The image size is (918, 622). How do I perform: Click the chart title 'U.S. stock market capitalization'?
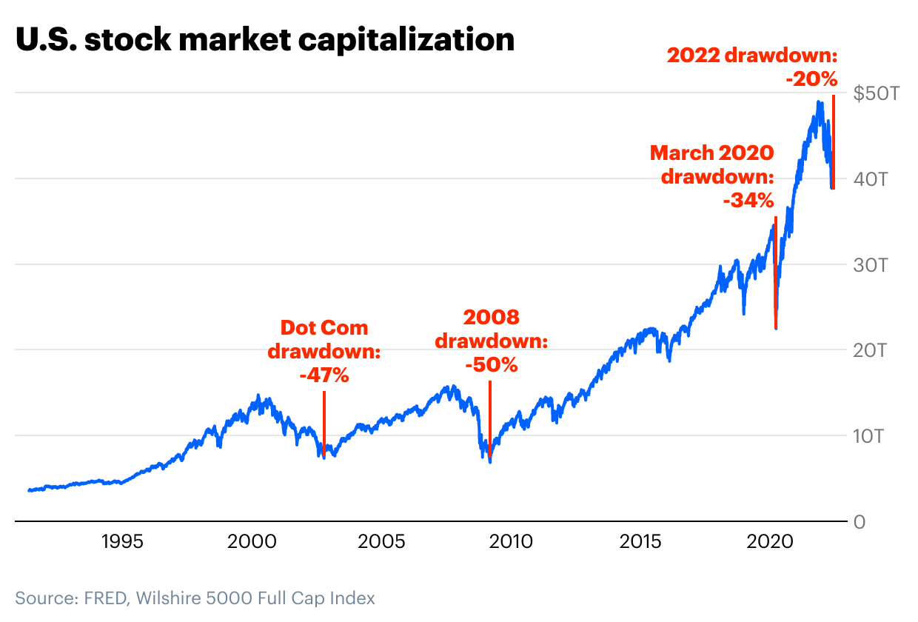(x=265, y=40)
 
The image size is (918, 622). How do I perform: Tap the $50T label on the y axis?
(x=877, y=94)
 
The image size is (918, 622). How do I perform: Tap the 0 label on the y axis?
(x=859, y=521)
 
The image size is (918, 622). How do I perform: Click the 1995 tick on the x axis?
(x=121, y=542)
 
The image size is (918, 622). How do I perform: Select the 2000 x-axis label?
(x=252, y=542)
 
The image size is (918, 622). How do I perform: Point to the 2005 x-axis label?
(x=381, y=542)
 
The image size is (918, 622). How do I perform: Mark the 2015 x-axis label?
(x=641, y=542)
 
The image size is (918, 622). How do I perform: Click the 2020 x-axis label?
(x=771, y=542)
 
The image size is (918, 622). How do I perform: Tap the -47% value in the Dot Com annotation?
(x=324, y=375)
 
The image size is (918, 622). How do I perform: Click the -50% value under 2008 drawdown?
(x=491, y=365)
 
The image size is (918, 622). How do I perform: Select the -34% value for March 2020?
(x=748, y=200)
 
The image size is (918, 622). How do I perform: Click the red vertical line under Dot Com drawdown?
(x=324, y=422)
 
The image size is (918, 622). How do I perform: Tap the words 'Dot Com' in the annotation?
(x=324, y=328)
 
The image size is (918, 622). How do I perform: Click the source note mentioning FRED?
(x=195, y=598)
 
